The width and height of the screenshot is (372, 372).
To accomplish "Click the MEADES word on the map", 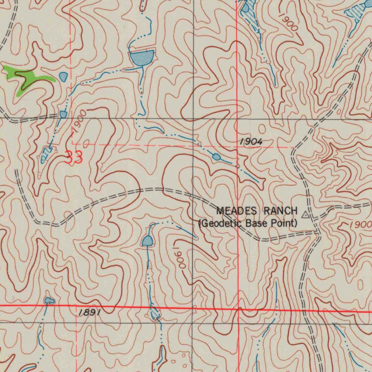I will tap(237, 211).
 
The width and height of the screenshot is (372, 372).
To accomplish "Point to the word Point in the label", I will tap(284, 223).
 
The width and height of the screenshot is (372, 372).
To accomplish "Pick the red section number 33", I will tap(74, 157).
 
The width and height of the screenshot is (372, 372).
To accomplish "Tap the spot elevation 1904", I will tap(251, 142).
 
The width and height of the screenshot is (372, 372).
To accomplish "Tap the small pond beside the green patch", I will tap(63, 76).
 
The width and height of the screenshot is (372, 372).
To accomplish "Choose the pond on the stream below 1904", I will tap(217, 157).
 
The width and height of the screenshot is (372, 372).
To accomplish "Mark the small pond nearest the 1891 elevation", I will tap(49, 300).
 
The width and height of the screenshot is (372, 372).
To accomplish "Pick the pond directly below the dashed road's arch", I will tap(147, 240).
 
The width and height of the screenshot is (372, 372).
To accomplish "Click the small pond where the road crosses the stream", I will tap(63, 114).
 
